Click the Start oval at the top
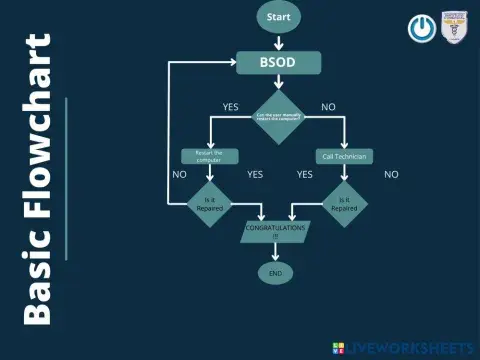278,17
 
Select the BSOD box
278,63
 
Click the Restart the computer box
210,156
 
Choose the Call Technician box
344,156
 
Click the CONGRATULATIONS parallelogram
274,232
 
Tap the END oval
274,272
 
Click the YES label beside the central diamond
230,107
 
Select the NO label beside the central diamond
328,107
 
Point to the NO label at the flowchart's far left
180,174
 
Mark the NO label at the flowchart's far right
391,174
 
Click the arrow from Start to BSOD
278,42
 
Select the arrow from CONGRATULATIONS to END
274,253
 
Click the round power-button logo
421,28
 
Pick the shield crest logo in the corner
456,28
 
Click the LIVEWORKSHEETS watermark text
410,347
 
